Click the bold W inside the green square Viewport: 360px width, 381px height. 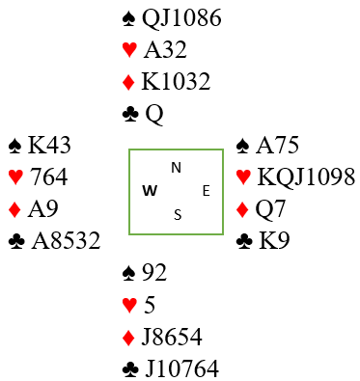[150, 191]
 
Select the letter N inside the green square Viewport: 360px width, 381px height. [177, 168]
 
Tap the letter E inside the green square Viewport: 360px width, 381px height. [207, 191]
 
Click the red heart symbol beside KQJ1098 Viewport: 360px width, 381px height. [243, 177]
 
